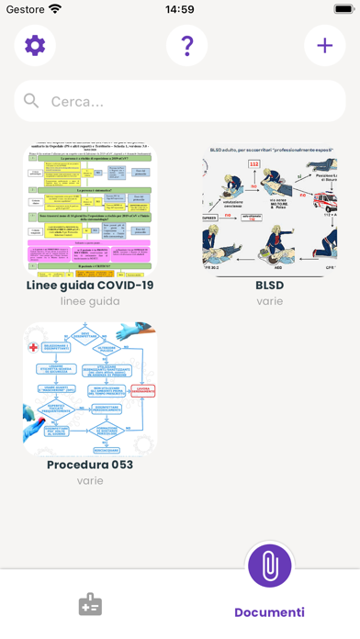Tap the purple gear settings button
pyautogui.click(x=35, y=45)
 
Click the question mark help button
pyautogui.click(x=186, y=45)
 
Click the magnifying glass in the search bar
pyautogui.click(x=32, y=101)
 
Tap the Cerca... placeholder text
pyautogui.click(x=77, y=102)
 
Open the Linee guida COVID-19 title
pyautogui.click(x=90, y=285)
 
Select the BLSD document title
pyautogui.click(x=269, y=285)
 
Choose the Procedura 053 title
pyautogui.click(x=90, y=465)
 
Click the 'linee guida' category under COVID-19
pyautogui.click(x=90, y=301)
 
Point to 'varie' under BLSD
pyautogui.click(x=269, y=301)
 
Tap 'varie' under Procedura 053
pyautogui.click(x=90, y=480)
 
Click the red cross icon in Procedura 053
pyautogui.click(x=34, y=347)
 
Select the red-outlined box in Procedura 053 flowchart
pyautogui.click(x=142, y=390)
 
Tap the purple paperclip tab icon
pyautogui.click(x=270, y=566)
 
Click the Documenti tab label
pyautogui.click(x=269, y=612)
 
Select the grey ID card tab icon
pyautogui.click(x=90, y=605)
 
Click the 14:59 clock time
pyautogui.click(x=180, y=9)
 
